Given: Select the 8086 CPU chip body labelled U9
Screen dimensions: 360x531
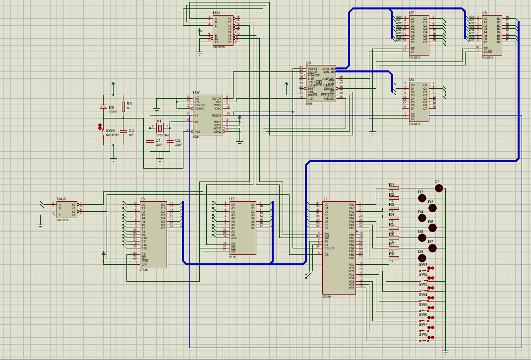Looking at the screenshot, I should point(320,83).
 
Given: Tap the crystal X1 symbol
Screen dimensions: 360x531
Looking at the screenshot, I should point(159,129).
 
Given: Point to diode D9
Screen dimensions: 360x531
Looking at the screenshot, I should point(103,107).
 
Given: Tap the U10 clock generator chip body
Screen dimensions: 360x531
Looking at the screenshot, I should point(207,115).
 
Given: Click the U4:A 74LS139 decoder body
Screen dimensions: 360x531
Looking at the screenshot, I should point(66,210).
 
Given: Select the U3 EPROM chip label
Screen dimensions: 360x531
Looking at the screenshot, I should point(142,198).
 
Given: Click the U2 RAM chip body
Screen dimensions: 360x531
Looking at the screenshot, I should point(243,227).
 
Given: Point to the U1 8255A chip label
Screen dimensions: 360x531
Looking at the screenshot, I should point(325,198).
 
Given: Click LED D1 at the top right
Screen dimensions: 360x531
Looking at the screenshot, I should point(438,188).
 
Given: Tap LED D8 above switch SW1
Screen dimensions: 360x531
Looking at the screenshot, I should point(422,258).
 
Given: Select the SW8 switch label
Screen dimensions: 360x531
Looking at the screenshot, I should point(422,334).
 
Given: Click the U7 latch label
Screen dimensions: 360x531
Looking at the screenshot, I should point(412,13).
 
